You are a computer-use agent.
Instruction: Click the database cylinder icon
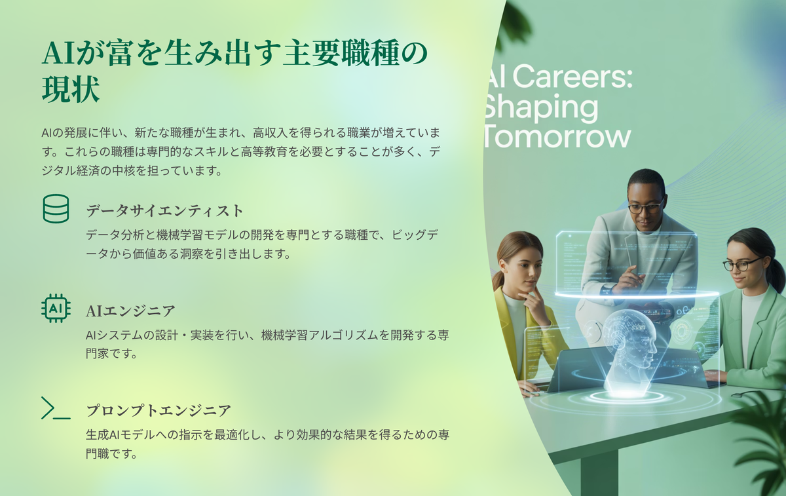56,208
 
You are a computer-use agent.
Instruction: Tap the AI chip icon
56,308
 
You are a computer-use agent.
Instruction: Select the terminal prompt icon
56,408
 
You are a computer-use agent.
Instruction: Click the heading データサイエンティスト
164,210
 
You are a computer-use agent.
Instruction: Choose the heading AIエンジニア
130,311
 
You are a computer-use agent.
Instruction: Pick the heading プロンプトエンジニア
159,410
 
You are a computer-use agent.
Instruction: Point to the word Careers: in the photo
572,77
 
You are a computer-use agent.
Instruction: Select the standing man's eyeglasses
646,207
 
